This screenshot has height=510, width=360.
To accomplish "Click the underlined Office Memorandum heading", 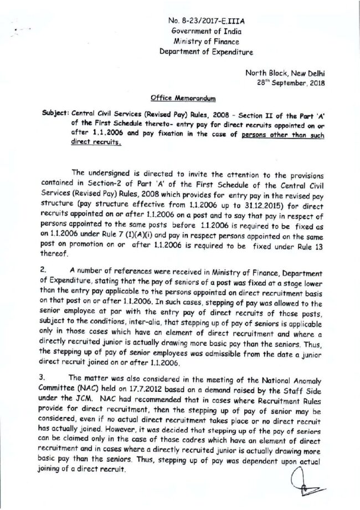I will click(177, 100).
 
